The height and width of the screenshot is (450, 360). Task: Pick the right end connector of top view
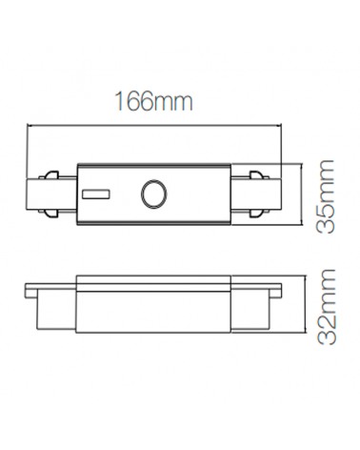coord(255,196)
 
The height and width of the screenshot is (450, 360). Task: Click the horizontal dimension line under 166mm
coord(155,125)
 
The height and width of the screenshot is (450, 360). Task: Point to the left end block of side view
coord(54,310)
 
